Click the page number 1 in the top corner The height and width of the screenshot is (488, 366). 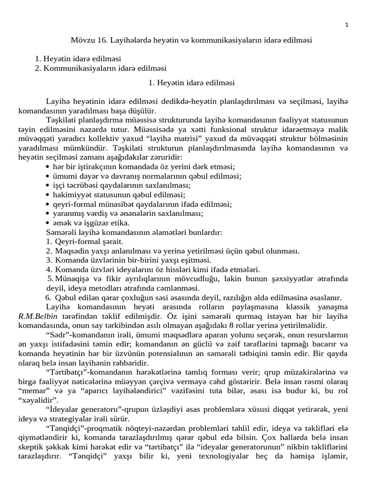pos(346,25)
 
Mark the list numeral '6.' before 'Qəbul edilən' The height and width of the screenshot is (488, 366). pos(48,297)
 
